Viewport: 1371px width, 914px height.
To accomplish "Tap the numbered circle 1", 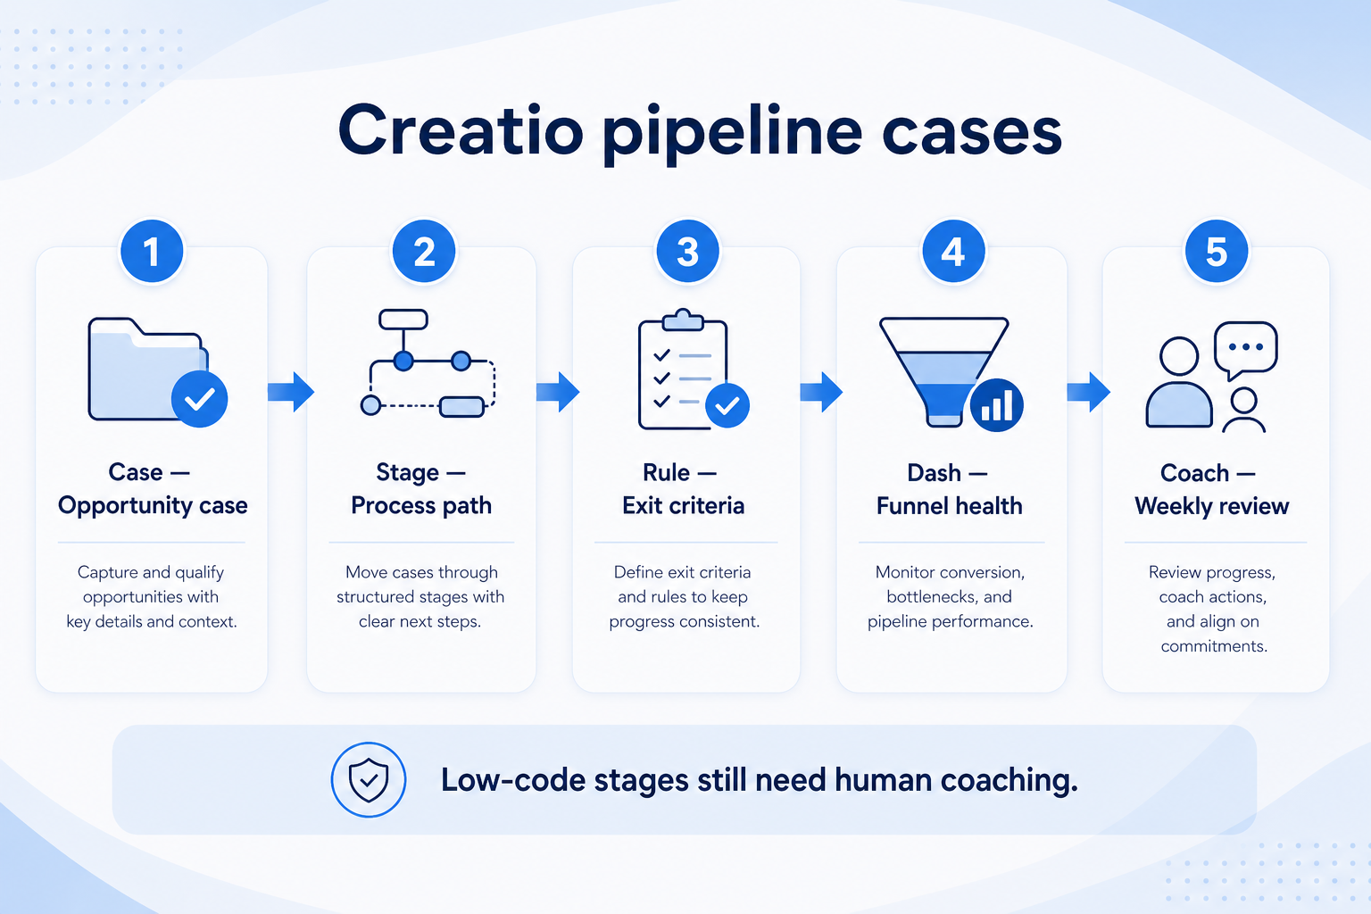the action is pyautogui.click(x=152, y=252).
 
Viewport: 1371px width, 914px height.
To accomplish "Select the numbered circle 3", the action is pyautogui.click(x=687, y=252).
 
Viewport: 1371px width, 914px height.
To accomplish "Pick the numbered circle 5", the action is pyautogui.click(x=1217, y=252).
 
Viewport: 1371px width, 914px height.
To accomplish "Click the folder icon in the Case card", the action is pyautogui.click(x=148, y=369).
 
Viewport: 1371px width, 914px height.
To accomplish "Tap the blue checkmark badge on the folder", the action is pyautogui.click(x=200, y=399).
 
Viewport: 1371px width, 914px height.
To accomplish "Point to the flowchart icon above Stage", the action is pyautogui.click(x=428, y=363).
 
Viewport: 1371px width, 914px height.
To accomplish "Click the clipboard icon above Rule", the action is pyautogui.click(x=683, y=370).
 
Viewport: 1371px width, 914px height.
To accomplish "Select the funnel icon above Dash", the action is pyautogui.click(x=943, y=371).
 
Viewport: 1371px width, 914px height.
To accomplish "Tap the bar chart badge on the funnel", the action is pyautogui.click(x=996, y=405).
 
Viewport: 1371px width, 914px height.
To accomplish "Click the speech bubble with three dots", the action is pyautogui.click(x=1245, y=350).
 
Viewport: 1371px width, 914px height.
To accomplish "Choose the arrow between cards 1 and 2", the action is pyautogui.click(x=291, y=392).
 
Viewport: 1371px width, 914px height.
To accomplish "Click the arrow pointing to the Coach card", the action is pyautogui.click(x=1088, y=392).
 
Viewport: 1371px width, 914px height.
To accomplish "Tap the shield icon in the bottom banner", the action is pyautogui.click(x=369, y=780).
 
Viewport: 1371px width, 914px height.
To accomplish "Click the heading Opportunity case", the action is pyautogui.click(x=153, y=506).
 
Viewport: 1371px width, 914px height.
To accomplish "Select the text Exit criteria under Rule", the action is pyautogui.click(x=683, y=506).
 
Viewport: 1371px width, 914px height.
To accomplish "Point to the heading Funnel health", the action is pyautogui.click(x=950, y=506).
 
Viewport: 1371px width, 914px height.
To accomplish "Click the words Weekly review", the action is pyautogui.click(x=1212, y=506).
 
